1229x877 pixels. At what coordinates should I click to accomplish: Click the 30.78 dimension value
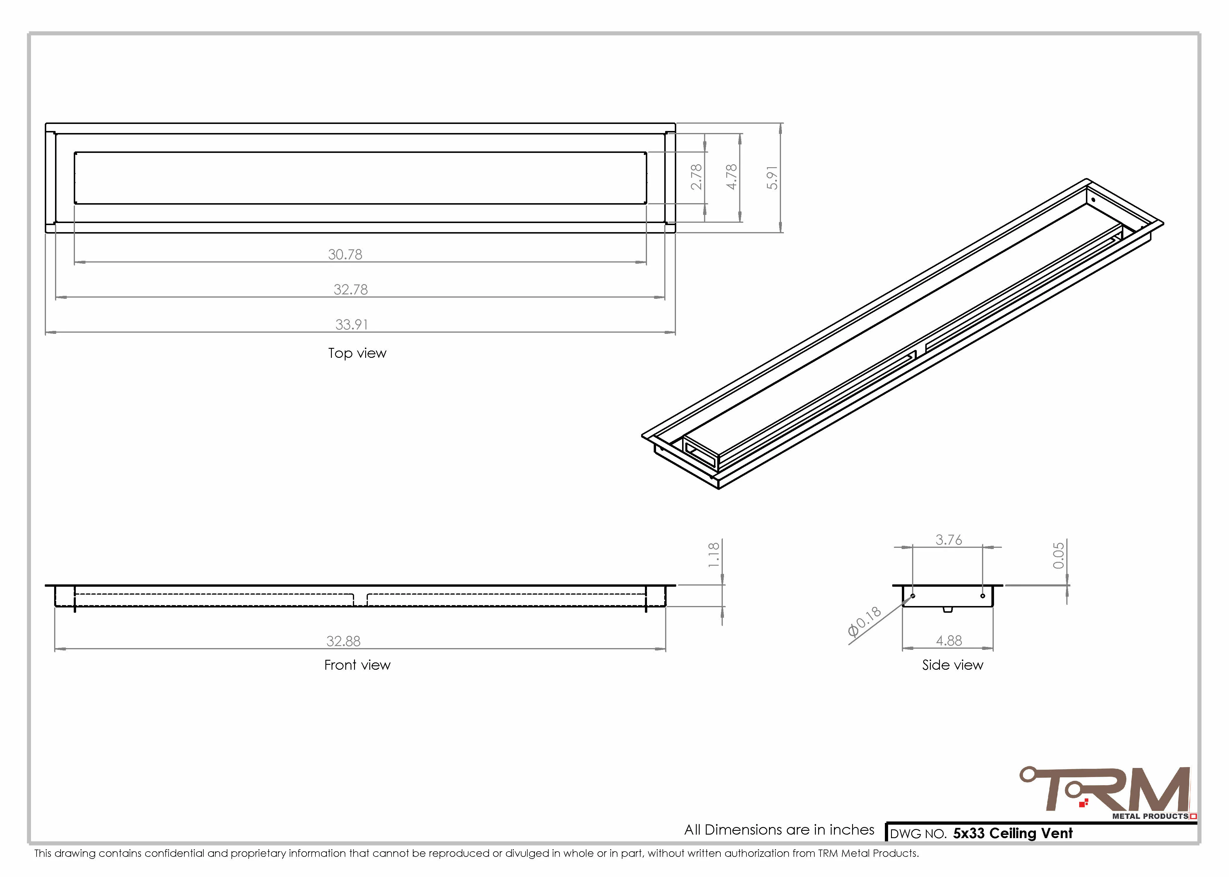[345, 254]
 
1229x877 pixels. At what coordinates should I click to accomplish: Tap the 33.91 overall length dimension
[351, 324]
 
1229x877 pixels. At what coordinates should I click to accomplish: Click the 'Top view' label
[357, 353]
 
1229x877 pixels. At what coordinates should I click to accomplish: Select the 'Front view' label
[357, 665]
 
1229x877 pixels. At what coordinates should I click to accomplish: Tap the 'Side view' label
[952, 665]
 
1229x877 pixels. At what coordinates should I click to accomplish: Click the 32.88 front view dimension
[343, 641]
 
